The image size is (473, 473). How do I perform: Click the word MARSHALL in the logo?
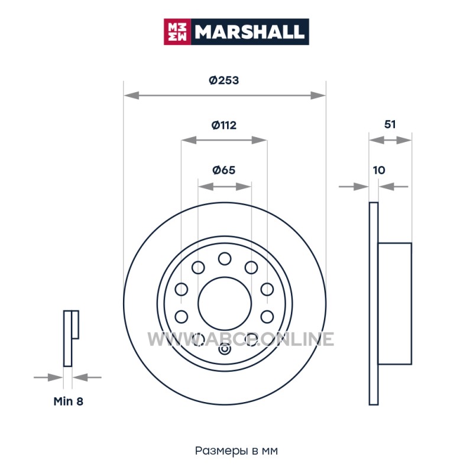[250, 32]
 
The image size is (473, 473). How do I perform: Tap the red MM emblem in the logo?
[177, 32]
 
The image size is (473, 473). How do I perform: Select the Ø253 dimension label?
[224, 80]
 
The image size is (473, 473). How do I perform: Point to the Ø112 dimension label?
[224, 125]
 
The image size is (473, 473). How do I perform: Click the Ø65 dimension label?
[224, 170]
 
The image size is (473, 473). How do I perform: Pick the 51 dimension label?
[390, 124]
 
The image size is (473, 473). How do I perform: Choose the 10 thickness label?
[379, 170]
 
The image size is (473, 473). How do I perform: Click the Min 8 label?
[68, 401]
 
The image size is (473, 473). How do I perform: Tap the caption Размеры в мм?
[236, 451]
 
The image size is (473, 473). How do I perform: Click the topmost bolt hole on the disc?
[225, 259]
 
